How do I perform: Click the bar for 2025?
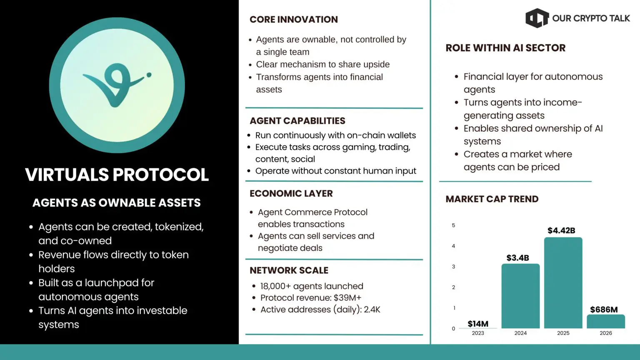tap(563, 282)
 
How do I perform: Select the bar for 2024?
tap(520, 296)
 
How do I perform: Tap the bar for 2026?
tap(606, 321)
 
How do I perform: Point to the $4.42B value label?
tap(561, 230)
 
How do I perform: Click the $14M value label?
tap(478, 324)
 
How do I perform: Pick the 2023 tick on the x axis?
tap(478, 333)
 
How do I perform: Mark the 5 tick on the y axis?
tap(453, 225)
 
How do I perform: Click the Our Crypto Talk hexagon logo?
tap(537, 18)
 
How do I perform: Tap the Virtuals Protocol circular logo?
tap(117, 85)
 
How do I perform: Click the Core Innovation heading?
tap(294, 20)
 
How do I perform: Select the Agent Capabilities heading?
tap(297, 121)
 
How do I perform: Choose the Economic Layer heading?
tap(291, 193)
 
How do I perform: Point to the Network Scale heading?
tap(289, 270)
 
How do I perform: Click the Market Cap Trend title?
tap(492, 199)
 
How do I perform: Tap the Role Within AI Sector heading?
tap(505, 48)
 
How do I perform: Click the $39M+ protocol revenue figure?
tap(347, 298)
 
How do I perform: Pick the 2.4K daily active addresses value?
tap(372, 310)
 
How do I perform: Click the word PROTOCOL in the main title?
tap(160, 175)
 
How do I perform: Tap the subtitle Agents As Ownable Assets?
tap(117, 202)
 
